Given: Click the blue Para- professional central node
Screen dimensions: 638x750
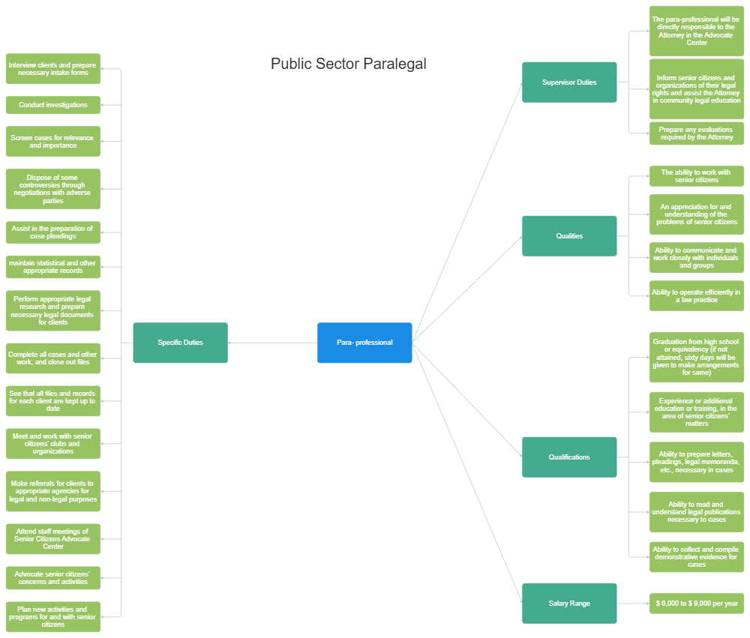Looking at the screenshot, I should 364,343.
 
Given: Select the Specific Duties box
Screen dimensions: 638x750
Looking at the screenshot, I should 180,343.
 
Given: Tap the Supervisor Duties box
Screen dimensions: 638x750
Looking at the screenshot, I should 569,82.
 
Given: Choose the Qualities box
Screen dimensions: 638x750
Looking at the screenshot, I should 569,236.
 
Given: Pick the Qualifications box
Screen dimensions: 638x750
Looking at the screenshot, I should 569,457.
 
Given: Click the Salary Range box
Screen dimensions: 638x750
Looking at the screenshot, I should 569,604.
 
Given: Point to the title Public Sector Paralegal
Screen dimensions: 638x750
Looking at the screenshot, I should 348,64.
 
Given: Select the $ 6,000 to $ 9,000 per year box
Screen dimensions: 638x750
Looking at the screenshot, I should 697,604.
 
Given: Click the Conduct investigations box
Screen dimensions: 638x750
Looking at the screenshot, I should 52,105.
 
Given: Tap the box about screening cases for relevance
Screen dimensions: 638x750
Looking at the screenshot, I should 52,142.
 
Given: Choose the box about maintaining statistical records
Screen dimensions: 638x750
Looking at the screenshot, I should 52,267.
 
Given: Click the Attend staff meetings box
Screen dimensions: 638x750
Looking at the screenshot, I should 52,539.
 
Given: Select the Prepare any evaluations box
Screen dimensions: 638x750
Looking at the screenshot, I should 697,133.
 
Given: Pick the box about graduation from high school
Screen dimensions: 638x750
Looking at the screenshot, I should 697,357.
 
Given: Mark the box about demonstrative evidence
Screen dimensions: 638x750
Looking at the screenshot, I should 697,557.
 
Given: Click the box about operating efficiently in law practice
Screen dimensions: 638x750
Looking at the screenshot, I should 697,296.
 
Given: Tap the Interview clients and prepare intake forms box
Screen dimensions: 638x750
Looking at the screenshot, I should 52,69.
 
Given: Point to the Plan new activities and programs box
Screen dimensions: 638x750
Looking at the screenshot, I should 52,617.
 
